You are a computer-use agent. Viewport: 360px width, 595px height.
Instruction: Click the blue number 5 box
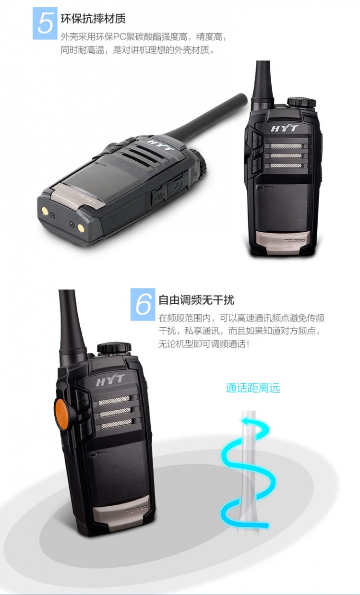click(x=45, y=24)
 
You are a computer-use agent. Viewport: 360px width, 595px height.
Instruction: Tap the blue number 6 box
click(x=143, y=304)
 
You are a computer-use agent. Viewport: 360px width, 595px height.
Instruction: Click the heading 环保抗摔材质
click(x=93, y=19)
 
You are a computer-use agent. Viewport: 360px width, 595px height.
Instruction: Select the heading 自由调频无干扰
click(x=196, y=300)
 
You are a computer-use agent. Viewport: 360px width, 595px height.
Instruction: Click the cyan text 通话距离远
click(x=252, y=388)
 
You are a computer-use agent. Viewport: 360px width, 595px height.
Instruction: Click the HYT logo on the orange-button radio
click(x=110, y=380)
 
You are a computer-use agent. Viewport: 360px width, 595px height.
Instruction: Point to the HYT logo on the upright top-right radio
click(x=285, y=129)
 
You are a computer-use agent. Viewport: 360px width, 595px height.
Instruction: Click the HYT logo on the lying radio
click(x=160, y=145)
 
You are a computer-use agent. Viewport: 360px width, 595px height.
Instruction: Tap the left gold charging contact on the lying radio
click(x=45, y=211)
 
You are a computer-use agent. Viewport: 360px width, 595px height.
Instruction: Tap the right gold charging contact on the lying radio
click(x=81, y=227)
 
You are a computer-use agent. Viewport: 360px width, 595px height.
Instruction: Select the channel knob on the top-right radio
click(x=301, y=103)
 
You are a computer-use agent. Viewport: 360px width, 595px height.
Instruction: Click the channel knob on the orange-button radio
click(x=114, y=348)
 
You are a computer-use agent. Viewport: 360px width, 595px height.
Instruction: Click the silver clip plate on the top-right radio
click(x=283, y=242)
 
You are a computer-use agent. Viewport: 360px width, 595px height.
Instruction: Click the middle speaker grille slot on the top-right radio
click(x=287, y=155)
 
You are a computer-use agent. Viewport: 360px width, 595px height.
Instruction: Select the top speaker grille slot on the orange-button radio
click(x=114, y=401)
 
